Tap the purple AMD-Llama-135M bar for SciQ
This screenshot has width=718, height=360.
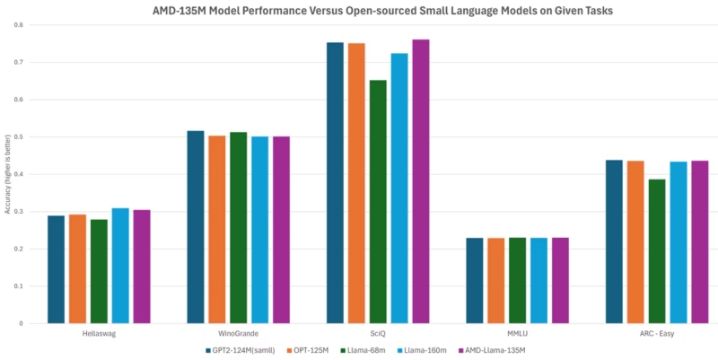click(x=421, y=181)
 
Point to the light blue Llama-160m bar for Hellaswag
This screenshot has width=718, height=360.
click(x=120, y=266)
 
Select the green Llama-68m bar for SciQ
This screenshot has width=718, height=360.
click(x=378, y=201)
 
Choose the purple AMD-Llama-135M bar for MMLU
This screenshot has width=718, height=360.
click(x=560, y=280)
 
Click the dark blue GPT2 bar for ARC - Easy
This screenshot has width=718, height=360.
click(x=614, y=241)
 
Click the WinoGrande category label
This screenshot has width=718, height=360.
click(x=238, y=333)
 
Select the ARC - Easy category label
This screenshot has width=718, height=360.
click(x=657, y=333)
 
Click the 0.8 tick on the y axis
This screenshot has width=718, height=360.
click(x=19, y=25)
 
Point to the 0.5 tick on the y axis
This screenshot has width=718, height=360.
click(x=19, y=137)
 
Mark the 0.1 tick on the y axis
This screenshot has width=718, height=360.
click(x=19, y=286)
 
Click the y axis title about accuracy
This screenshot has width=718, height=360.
click(x=7, y=175)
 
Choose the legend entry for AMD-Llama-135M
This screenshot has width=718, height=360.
click(x=492, y=350)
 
